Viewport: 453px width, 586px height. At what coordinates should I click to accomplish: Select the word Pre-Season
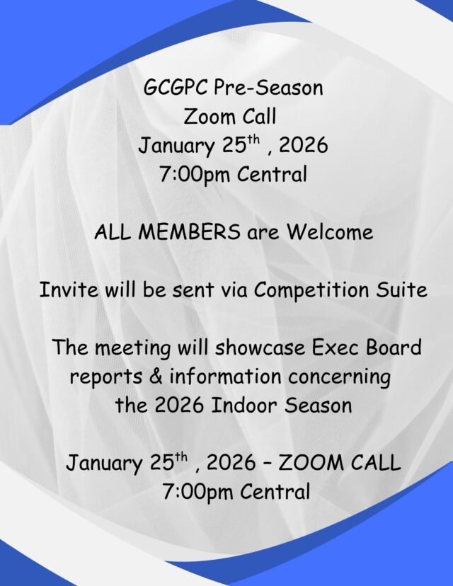pos(268,88)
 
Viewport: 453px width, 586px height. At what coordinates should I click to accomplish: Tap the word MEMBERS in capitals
pos(189,231)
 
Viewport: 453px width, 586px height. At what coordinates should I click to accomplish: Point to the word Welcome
pos(330,231)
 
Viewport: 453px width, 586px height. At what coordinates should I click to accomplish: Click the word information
pos(225,376)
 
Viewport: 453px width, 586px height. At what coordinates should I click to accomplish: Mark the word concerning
pos(339,377)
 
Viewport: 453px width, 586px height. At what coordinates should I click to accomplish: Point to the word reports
pos(105,377)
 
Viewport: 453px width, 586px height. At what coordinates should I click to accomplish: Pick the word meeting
pos(132,348)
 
